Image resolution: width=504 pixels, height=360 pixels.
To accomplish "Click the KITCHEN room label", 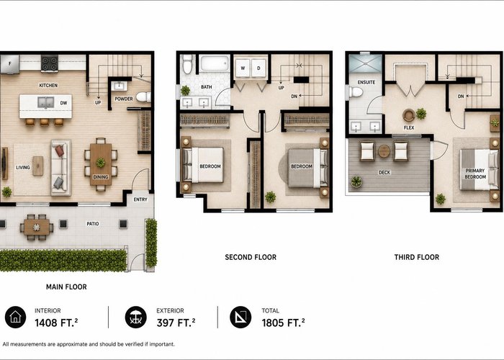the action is click(x=48, y=85).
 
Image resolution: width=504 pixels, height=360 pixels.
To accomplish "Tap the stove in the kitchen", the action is click(x=50, y=63).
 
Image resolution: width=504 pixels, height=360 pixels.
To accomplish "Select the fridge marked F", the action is click(x=9, y=64).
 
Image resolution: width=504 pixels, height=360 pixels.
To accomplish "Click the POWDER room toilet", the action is click(x=143, y=96).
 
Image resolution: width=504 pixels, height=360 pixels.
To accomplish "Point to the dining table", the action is click(x=101, y=164).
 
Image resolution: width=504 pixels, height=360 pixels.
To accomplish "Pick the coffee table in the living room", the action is click(x=38, y=166).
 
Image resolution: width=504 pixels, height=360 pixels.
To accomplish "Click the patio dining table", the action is click(x=37, y=228).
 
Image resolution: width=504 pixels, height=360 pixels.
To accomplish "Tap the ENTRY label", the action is click(x=140, y=199).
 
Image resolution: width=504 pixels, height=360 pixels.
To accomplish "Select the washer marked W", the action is click(x=243, y=68).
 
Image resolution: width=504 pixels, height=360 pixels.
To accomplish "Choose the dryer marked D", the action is click(x=258, y=68).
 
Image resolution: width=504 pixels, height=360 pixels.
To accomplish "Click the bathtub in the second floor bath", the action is click(x=215, y=63).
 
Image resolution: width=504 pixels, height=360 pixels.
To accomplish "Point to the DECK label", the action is click(x=384, y=173).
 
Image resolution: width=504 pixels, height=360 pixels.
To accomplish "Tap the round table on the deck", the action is click(x=384, y=151).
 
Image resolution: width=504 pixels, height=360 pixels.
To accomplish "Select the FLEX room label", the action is click(x=409, y=127).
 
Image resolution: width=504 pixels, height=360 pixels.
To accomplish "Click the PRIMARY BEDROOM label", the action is click(x=475, y=174).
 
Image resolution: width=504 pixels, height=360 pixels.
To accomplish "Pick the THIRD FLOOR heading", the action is click(x=417, y=257).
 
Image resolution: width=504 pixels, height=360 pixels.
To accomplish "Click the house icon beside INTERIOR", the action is click(x=15, y=318).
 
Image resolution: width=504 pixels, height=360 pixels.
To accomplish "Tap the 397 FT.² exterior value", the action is click(x=176, y=323).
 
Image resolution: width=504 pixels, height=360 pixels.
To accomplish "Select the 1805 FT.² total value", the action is click(x=283, y=323).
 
